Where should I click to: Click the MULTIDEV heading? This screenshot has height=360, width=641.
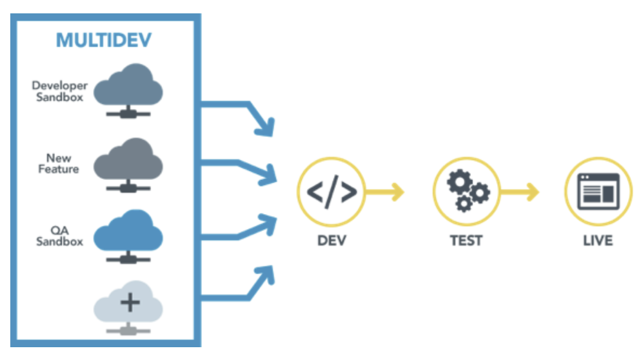click(x=105, y=40)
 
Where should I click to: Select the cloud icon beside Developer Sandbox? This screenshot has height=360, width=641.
click(x=128, y=84)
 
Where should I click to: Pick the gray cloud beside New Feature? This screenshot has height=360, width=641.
click(x=128, y=157)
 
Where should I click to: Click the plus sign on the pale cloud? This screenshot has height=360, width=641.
click(x=130, y=301)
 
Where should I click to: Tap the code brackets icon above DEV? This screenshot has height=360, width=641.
click(x=331, y=192)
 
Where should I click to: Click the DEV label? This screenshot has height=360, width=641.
click(x=331, y=241)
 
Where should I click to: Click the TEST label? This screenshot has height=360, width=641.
click(x=466, y=241)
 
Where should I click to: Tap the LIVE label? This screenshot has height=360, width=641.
click(x=597, y=241)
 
